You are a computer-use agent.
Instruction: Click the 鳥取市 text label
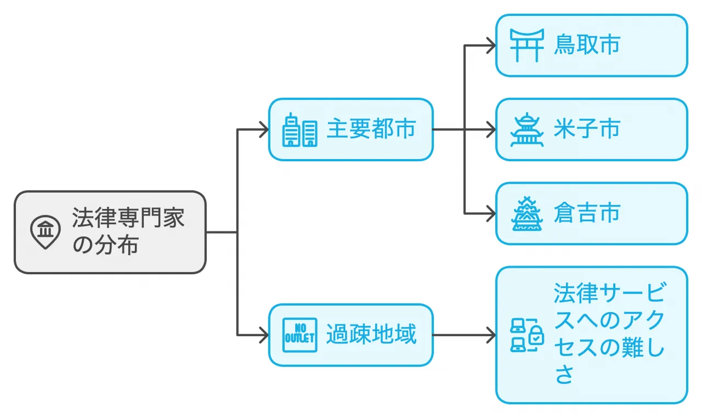587,45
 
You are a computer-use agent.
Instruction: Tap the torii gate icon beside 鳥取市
526,45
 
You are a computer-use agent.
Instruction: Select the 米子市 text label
587,129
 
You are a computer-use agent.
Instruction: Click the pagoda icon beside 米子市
526,129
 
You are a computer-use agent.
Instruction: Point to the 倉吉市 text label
587,213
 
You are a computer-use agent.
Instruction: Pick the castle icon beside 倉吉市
526,213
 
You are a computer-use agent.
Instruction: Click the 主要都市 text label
371,129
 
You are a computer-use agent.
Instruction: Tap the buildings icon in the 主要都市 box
299,130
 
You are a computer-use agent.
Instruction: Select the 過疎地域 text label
371,335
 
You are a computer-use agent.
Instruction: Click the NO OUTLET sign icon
299,335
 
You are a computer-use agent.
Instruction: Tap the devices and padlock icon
526,335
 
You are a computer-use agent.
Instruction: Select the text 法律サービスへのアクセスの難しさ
609,335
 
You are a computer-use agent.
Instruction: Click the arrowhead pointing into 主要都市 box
264,129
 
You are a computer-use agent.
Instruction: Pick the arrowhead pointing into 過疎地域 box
264,335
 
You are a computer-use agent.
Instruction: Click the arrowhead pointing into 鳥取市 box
491,45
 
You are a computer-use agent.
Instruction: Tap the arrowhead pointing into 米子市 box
491,129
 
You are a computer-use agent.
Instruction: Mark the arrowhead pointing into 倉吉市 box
491,213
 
